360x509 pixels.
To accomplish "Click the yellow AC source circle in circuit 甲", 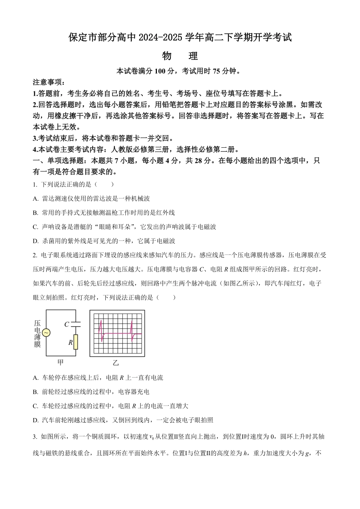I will coord(46,333).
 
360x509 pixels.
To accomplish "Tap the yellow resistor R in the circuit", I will coord(76,342).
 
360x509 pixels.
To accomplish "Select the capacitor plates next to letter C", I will coord(76,324).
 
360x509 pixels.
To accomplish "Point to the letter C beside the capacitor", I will coord(66,324).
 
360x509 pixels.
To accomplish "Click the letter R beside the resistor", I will coord(70,342).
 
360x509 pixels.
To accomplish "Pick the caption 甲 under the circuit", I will coord(60,362).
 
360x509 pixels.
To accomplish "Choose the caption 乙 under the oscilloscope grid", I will coord(116,362).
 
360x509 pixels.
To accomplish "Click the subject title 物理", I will coord(180,56).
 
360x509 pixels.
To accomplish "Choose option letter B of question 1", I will coord(35,213).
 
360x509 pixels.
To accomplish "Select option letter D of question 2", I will coord(35,420).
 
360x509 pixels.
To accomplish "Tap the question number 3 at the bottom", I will coord(35,437).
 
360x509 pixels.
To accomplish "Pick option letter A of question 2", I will coord(35,378).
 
